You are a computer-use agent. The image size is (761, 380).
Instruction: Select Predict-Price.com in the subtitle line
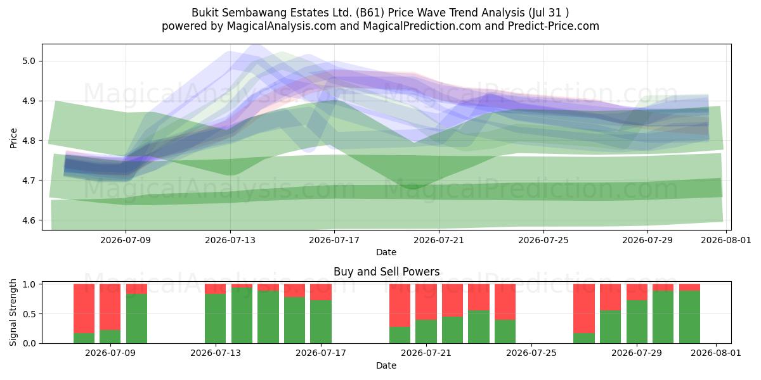coord(554,26)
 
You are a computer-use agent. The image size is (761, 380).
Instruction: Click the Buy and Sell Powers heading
coord(387,272)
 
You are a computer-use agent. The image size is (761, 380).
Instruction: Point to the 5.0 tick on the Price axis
coord(29,61)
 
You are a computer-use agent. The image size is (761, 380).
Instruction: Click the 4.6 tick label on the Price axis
coord(29,220)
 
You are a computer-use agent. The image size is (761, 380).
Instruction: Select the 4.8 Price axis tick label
coord(29,141)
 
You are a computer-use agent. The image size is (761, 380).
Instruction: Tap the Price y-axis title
coord(13,139)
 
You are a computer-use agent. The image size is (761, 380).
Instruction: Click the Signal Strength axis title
coord(13,312)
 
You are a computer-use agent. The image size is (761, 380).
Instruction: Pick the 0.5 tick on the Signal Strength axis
coord(29,314)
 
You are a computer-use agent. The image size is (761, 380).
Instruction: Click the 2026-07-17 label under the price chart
coord(334,240)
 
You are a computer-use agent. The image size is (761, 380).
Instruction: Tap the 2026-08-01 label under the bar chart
coord(716,353)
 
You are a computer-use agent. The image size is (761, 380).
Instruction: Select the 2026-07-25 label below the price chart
coord(543,240)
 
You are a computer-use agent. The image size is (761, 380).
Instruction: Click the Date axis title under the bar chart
coord(386,365)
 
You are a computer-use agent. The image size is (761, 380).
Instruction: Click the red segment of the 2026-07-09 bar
coord(110,307)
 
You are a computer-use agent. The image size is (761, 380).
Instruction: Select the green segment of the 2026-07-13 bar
coord(215,319)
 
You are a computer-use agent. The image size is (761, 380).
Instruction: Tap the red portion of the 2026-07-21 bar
coord(426,302)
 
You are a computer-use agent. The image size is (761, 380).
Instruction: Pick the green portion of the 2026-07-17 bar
coord(321,322)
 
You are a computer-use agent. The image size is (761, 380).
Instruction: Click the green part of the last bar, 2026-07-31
coord(690,317)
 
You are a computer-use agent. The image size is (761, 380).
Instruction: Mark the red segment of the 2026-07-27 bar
coord(584,309)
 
